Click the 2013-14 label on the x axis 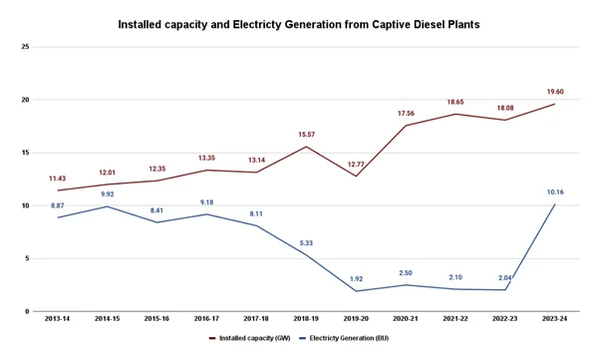coord(58,319)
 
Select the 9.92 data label coord(108,194)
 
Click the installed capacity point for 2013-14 coord(58,190)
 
